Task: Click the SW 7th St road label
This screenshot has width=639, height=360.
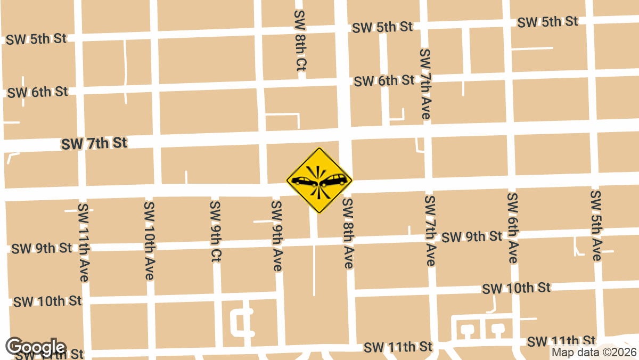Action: [x=94, y=143]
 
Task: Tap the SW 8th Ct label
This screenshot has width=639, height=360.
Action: [x=300, y=40]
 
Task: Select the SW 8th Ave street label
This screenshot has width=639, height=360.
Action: [x=348, y=233]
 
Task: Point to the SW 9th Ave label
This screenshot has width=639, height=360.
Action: [x=276, y=235]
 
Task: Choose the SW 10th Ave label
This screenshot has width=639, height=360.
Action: [x=149, y=240]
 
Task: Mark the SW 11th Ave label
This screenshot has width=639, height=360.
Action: [x=84, y=242]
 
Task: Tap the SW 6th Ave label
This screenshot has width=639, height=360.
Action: [x=512, y=228]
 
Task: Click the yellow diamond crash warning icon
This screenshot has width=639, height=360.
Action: [x=319, y=180]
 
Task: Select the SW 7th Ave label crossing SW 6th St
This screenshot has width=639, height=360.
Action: [x=425, y=84]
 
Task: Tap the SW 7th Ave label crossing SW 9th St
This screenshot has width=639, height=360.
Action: [x=430, y=231]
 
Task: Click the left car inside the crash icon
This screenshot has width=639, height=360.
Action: [x=304, y=181]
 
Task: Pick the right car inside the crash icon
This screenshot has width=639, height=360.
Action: [x=335, y=179]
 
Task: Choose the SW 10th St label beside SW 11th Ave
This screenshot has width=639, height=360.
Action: [x=47, y=301]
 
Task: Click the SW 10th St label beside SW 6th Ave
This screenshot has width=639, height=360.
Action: [x=516, y=288]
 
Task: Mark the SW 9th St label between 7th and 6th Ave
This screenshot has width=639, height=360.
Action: [x=472, y=236]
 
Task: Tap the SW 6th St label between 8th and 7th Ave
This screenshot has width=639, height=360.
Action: [x=384, y=81]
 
